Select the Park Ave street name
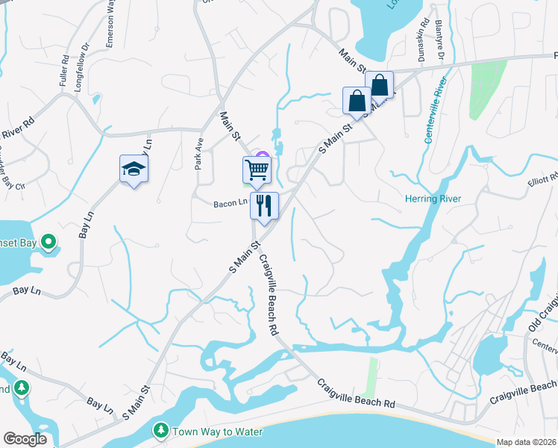(x=199, y=152)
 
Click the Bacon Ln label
(x=230, y=202)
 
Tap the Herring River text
(x=433, y=199)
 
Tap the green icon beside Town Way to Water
(x=160, y=431)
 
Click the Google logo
(x=25, y=439)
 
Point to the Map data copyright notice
(x=526, y=442)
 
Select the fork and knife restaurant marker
(x=264, y=205)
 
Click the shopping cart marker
(x=257, y=170)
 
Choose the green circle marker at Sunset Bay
(x=48, y=242)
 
